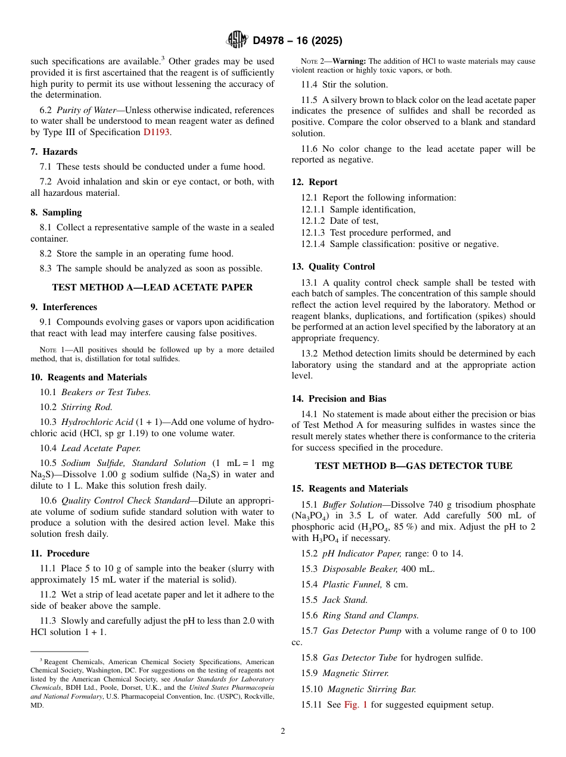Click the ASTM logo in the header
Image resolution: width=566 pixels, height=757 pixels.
tap(237, 40)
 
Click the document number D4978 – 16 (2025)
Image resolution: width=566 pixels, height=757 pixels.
tap(297, 40)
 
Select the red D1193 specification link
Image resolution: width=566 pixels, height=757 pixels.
tap(157, 132)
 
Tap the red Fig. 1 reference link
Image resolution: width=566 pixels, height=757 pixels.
tap(356, 705)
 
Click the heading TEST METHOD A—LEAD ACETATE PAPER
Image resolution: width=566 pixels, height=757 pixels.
tap(153, 287)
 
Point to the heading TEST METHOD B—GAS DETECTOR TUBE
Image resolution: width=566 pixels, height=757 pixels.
tap(413, 466)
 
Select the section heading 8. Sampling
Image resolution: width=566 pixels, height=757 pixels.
tap(56, 212)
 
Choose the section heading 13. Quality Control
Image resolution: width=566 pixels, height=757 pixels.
tap(333, 267)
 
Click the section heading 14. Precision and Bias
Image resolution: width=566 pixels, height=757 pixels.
tap(338, 399)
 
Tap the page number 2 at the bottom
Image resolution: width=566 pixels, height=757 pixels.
tap(283, 731)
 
